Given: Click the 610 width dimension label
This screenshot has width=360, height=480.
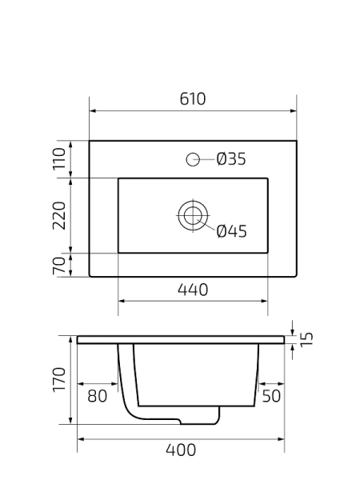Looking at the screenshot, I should (x=193, y=99).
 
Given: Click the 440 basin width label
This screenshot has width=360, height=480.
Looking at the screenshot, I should (x=193, y=290).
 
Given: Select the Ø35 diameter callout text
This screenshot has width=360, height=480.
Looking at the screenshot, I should (x=231, y=159).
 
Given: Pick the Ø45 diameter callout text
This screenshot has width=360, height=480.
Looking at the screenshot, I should (x=232, y=232).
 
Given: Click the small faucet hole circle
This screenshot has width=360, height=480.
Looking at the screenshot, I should (x=193, y=159).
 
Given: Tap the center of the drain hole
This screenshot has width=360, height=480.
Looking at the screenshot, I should (x=192, y=214).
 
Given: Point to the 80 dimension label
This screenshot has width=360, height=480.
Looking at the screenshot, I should (x=97, y=395).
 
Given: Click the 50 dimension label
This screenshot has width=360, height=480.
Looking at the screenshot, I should (x=271, y=395).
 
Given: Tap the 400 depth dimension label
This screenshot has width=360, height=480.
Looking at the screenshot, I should (x=181, y=450).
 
